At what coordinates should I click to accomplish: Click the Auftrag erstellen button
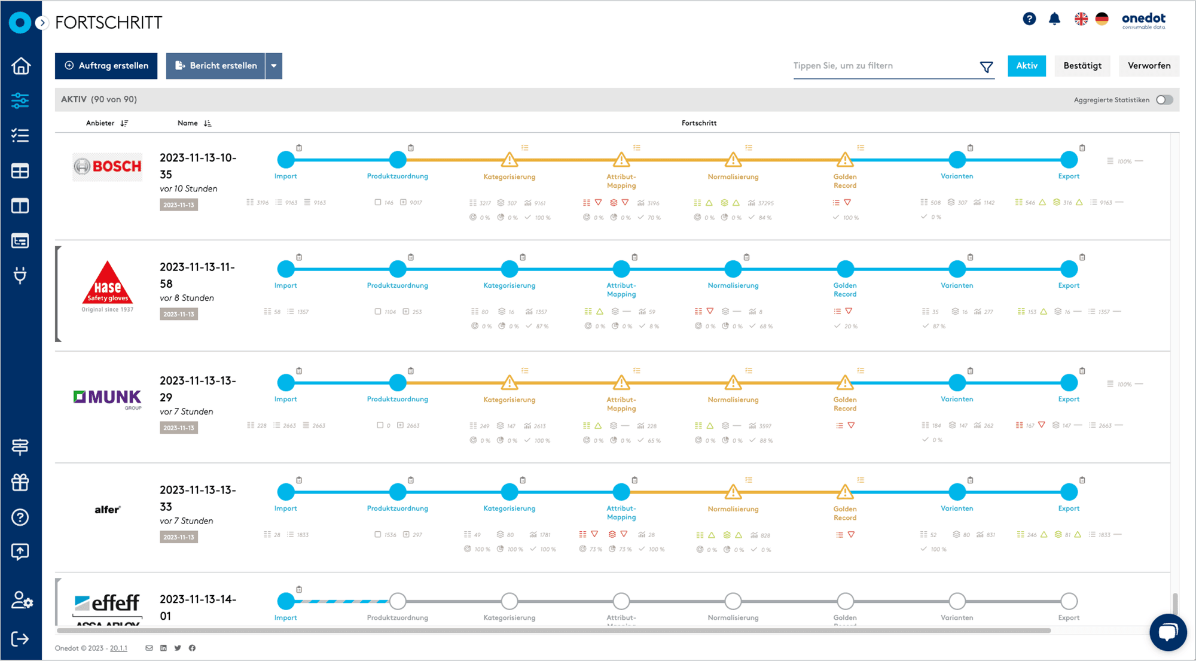[x=106, y=66]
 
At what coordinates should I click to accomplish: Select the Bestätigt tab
[x=1082, y=66]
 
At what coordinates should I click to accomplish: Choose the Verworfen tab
[x=1149, y=66]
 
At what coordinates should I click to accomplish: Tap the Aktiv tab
[x=1026, y=66]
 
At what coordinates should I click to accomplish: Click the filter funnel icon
[x=986, y=67]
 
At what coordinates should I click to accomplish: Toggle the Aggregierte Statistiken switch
[x=1164, y=100]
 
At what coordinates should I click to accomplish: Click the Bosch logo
[x=108, y=166]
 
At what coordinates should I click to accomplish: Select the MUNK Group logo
[x=108, y=398]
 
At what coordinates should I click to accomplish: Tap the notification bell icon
[x=1054, y=19]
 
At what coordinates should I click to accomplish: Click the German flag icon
[x=1102, y=19]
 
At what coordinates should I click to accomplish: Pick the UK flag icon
[x=1081, y=19]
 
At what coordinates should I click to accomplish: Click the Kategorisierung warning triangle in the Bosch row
[x=509, y=160]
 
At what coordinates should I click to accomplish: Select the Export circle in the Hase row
[x=1069, y=269]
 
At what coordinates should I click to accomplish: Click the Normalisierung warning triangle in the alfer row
[x=733, y=492]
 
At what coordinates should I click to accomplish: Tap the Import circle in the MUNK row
[x=286, y=383]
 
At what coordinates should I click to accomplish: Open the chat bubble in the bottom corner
[x=1167, y=632]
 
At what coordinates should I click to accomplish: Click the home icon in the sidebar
[x=20, y=66]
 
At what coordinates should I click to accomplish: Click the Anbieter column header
[x=100, y=123]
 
